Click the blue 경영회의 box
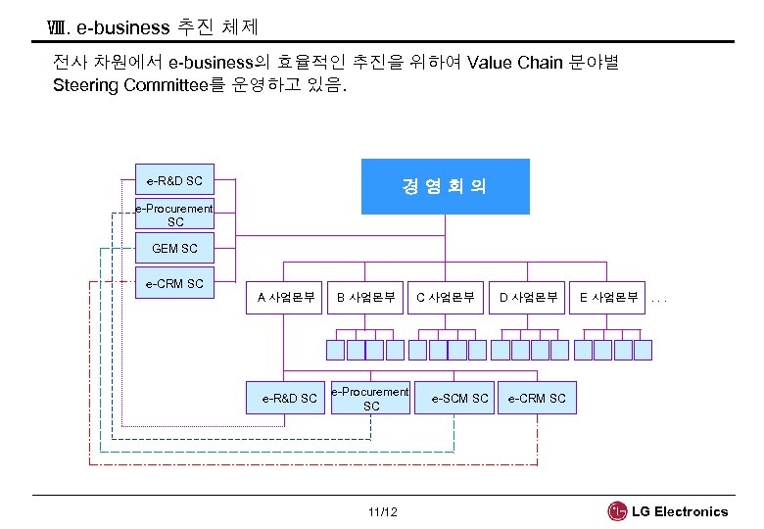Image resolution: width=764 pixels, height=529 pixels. pyautogui.click(x=445, y=186)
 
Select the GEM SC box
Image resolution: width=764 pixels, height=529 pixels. pyautogui.click(x=174, y=249)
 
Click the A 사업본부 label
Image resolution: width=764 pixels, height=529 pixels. pyautogui.click(x=285, y=297)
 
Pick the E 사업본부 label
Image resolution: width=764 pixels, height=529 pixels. pyautogui.click(x=608, y=297)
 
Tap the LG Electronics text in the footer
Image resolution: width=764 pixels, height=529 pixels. pyautogui.click(x=680, y=511)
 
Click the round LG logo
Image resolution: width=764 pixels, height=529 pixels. pyautogui.click(x=617, y=511)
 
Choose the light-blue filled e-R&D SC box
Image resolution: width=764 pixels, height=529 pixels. pyautogui.click(x=174, y=180)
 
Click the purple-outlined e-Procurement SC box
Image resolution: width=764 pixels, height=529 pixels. pyautogui.click(x=370, y=399)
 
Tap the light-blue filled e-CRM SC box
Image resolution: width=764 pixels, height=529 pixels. pyautogui.click(x=174, y=284)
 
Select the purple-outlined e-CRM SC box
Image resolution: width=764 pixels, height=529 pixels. pyautogui.click(x=537, y=398)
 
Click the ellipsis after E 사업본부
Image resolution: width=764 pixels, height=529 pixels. pyautogui.click(x=659, y=298)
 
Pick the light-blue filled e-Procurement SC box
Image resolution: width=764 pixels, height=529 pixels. pyautogui.click(x=174, y=215)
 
